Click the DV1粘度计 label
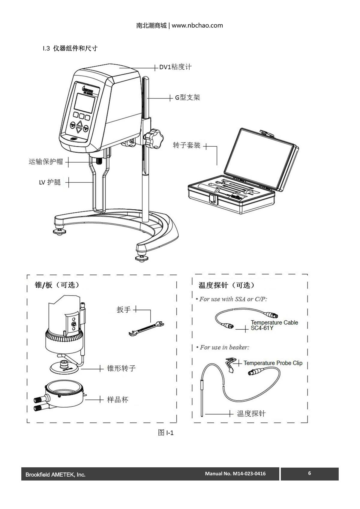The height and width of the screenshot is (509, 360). (x=175, y=67)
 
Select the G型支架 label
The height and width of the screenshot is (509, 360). (x=187, y=97)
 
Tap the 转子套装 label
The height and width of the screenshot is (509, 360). (x=187, y=145)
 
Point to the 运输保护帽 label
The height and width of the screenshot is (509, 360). (x=46, y=162)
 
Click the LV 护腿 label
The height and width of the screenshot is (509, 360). (x=50, y=182)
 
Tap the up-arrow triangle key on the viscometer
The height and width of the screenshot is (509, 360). (x=79, y=124)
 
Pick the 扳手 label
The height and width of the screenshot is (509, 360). (x=124, y=310)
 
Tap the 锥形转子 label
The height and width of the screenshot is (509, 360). (x=121, y=368)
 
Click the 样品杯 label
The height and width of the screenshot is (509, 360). (x=118, y=400)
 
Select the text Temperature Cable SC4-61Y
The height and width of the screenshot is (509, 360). (x=274, y=325)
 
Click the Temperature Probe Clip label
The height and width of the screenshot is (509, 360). (x=273, y=363)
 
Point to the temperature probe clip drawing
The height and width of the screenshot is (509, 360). (x=230, y=364)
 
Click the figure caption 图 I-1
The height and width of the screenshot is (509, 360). (x=166, y=433)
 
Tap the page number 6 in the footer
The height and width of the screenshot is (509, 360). (x=309, y=473)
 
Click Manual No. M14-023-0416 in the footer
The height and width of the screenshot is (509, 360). (x=235, y=474)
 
